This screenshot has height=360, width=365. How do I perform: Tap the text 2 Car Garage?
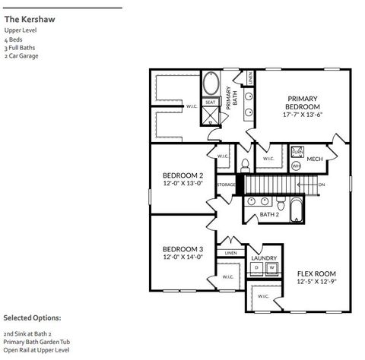(x=21, y=56)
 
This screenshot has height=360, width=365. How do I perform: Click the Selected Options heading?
(x=33, y=317)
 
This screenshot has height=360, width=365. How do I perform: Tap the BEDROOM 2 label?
(x=182, y=178)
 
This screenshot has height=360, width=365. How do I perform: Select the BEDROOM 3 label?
(x=182, y=253)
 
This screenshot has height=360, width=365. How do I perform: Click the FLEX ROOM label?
(x=316, y=277)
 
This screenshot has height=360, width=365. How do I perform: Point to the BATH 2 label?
(x=269, y=215)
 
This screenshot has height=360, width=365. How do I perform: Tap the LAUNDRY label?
(x=264, y=258)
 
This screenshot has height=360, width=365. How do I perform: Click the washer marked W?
(x=271, y=268)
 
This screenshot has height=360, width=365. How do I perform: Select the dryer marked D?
(x=257, y=268)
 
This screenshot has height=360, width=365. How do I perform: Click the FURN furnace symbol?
(x=297, y=152)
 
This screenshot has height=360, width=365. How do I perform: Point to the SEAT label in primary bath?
(x=211, y=101)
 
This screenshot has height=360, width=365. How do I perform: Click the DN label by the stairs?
(x=322, y=185)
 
